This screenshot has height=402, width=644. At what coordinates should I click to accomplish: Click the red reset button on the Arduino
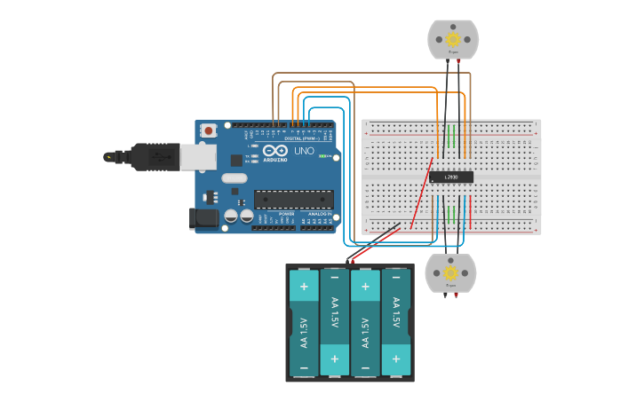209,130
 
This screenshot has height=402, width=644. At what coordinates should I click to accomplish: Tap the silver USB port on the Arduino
197,157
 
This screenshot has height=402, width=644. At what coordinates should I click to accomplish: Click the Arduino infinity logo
274,152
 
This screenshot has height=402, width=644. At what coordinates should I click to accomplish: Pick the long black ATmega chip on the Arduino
294,200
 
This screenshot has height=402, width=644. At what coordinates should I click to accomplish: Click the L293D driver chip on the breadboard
451,177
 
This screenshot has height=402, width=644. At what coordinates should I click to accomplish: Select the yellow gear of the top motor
453,39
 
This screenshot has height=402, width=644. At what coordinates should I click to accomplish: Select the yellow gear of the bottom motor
450,272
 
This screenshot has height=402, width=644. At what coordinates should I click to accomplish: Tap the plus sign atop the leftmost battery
304,287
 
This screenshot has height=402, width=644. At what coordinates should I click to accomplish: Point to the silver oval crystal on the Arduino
234,177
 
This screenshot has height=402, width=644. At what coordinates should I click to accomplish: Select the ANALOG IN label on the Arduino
317,214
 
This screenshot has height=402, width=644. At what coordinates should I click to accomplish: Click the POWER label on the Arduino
286,214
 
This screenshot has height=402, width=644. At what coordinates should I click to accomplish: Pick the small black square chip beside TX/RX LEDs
237,161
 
